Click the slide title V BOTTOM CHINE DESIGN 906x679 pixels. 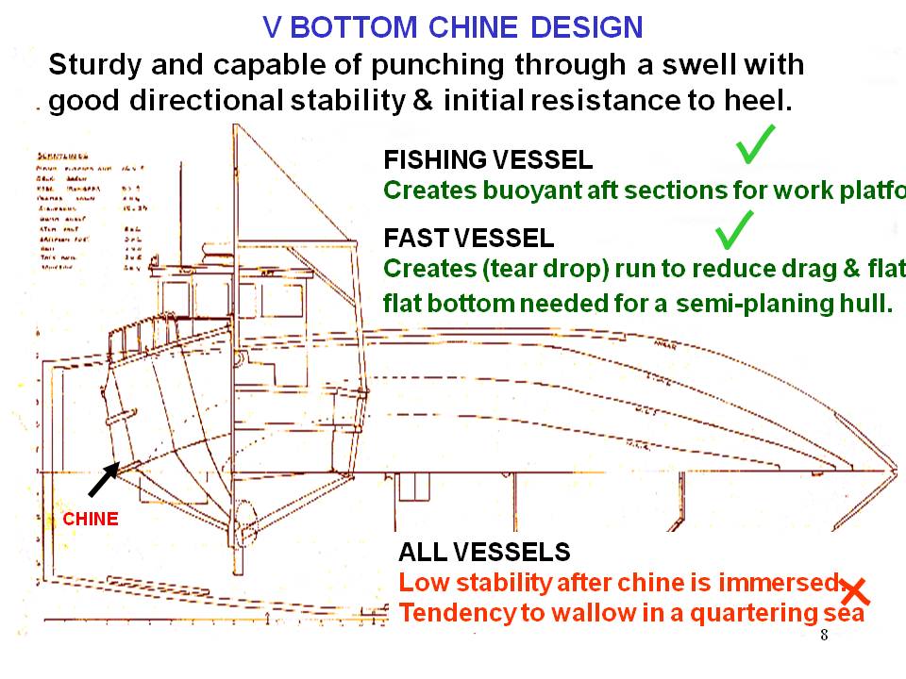click(x=453, y=26)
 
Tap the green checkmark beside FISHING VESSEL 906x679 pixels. click(x=757, y=143)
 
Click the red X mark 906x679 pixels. click(x=855, y=591)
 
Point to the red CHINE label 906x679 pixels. click(x=91, y=519)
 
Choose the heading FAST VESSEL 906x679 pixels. click(x=469, y=238)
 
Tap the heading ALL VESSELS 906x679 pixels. click(x=484, y=553)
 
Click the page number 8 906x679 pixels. click(x=824, y=634)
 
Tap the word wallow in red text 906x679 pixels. click(x=564, y=613)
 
